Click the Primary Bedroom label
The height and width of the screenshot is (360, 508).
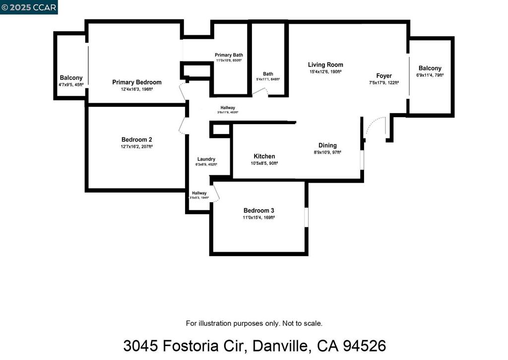pos(136,82)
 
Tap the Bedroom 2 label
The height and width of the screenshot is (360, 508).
pos(136,140)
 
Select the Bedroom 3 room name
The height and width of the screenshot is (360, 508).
pos(258,211)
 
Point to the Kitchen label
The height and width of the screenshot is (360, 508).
pos(264,156)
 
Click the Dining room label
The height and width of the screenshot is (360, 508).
pos(327,145)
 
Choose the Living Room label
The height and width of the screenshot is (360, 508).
pos(325,65)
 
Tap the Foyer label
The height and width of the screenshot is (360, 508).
pos(384,76)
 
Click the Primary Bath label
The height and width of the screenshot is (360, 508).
pos(229,55)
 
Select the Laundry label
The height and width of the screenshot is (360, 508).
pos(206,159)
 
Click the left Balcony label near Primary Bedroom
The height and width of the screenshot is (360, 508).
pos(71,78)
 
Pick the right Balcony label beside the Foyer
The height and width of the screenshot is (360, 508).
pos(430,69)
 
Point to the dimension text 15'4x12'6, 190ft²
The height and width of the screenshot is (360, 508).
pos(325,72)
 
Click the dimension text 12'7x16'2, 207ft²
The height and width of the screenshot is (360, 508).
pos(136,147)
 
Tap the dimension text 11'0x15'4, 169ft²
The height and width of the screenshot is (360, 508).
pos(258,217)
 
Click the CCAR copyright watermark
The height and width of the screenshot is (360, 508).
pos(29,7)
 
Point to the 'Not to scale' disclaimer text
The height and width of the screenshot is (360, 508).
pos(303,323)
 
